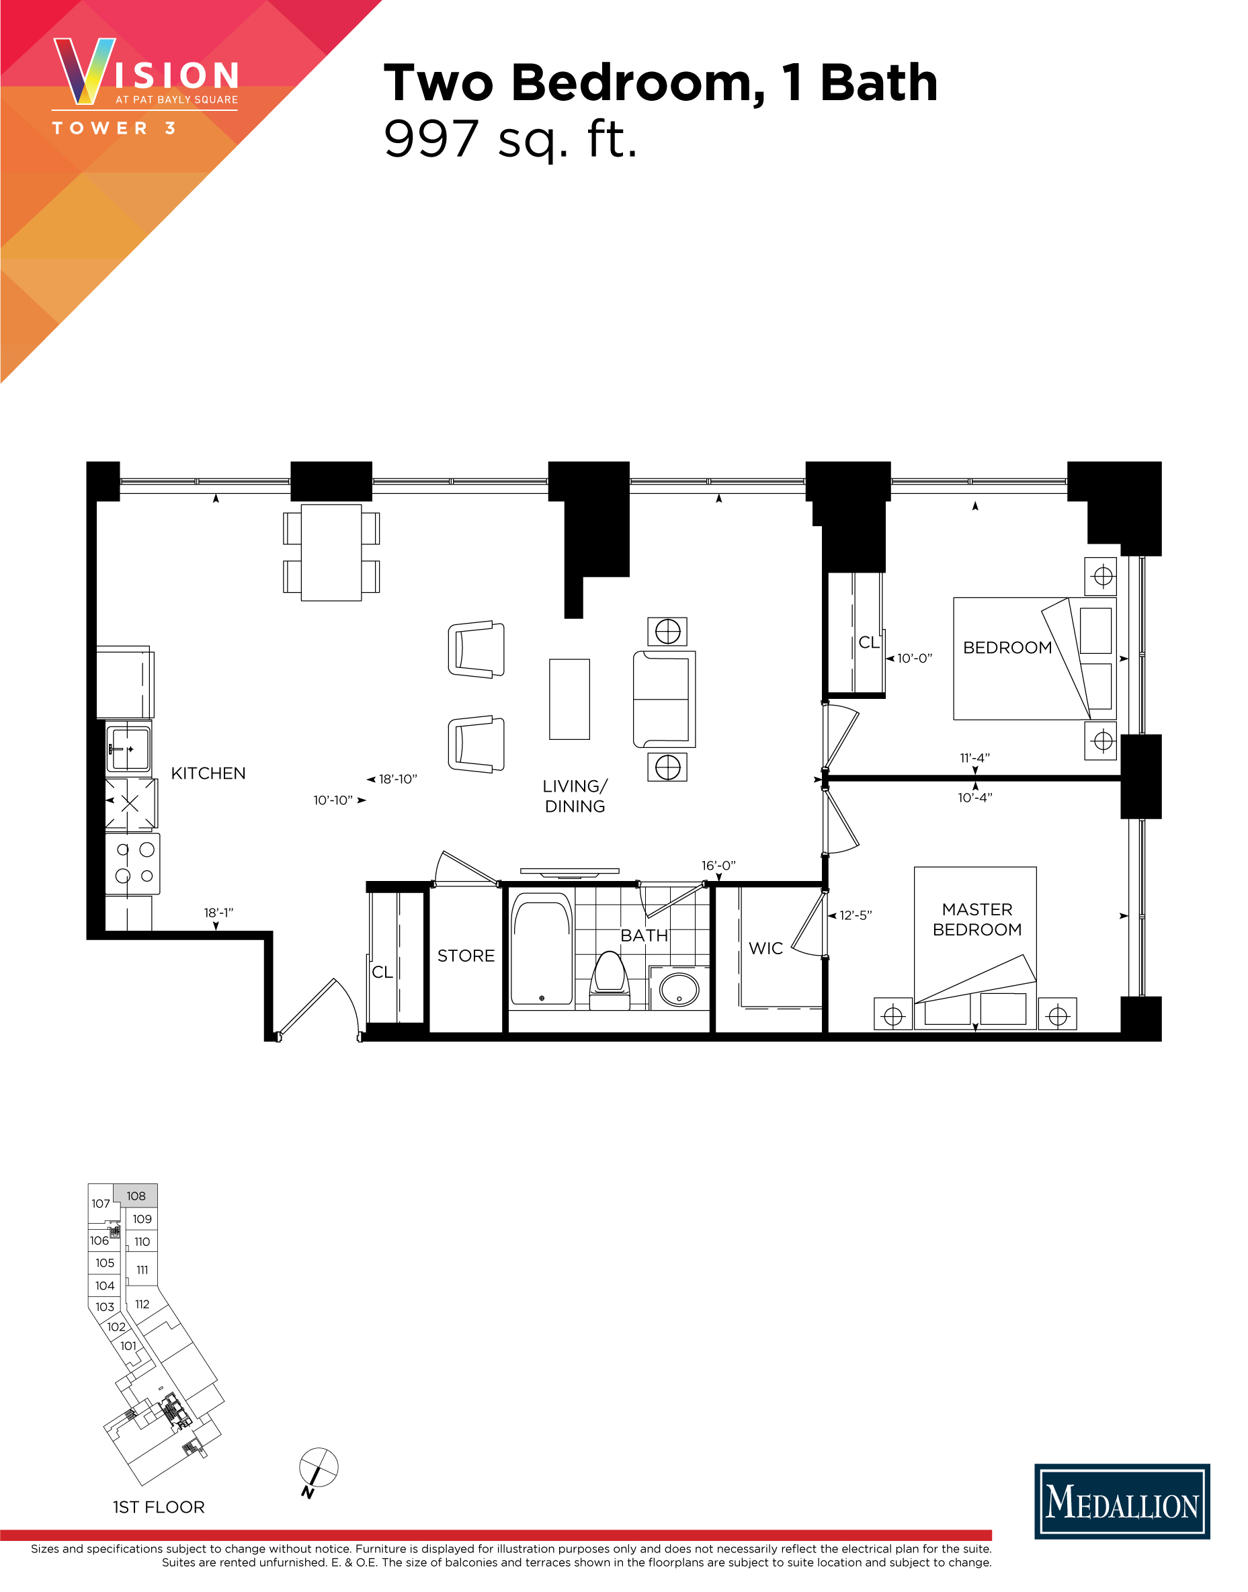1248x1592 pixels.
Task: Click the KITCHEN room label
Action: [x=208, y=773]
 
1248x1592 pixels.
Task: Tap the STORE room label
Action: [x=466, y=956]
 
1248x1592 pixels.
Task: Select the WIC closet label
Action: [x=765, y=948]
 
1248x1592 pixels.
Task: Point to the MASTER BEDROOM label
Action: [x=977, y=919]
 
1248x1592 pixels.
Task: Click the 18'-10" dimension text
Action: [x=397, y=780]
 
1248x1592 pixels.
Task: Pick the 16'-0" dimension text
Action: [x=718, y=866]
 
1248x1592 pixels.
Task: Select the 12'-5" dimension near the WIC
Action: [x=855, y=915]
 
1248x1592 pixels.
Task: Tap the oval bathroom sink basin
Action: [x=679, y=989]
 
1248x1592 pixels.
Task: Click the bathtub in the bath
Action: [x=542, y=948]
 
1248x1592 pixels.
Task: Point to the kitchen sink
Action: [x=128, y=747]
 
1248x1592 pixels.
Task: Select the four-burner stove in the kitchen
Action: [x=133, y=863]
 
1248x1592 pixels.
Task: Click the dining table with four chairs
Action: [x=331, y=552]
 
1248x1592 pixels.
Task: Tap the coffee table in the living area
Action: [x=569, y=699]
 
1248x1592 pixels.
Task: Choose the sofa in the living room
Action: [x=663, y=699]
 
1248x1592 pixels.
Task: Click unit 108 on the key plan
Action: [x=136, y=1196]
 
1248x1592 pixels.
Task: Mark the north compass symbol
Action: [x=319, y=1467]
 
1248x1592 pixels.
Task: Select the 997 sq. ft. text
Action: [x=510, y=139]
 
